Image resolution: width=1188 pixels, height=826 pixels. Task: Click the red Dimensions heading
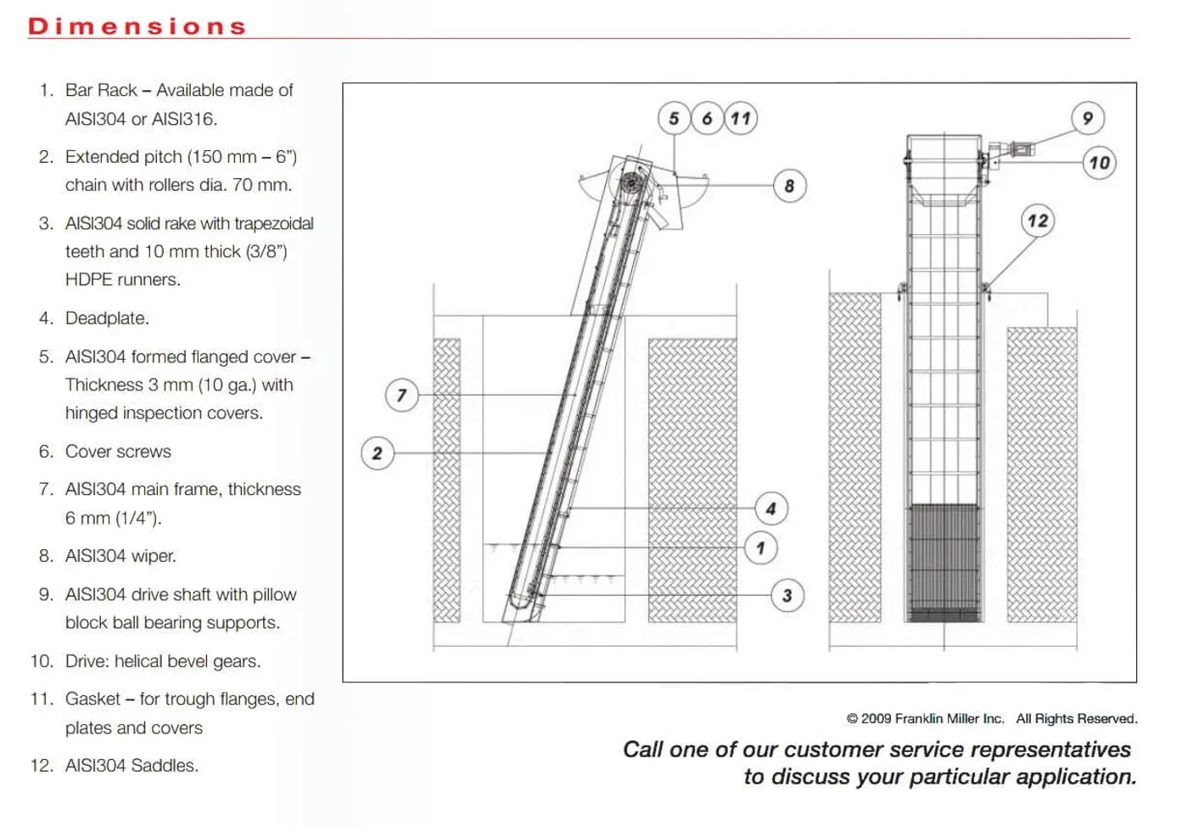click(x=137, y=26)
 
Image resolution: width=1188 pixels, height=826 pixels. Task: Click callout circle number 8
click(x=789, y=186)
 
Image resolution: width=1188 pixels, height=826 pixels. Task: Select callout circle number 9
click(x=1087, y=118)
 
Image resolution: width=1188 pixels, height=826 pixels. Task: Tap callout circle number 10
click(x=1099, y=163)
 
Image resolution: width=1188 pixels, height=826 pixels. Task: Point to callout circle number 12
click(x=1037, y=222)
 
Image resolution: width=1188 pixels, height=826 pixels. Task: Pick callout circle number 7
click(x=401, y=395)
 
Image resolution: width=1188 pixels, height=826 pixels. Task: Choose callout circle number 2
click(x=377, y=453)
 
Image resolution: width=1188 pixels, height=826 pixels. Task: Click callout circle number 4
click(x=771, y=509)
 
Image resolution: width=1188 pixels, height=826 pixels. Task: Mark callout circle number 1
click(x=760, y=548)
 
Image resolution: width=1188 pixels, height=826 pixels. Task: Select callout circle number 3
click(x=787, y=596)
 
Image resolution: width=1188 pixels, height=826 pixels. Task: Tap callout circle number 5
click(x=674, y=118)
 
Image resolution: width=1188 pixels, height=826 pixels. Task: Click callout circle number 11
click(x=740, y=118)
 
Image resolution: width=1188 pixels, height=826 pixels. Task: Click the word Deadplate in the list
click(x=106, y=318)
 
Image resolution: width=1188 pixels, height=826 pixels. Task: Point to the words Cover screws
click(x=118, y=452)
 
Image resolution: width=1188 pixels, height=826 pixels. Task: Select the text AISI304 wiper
click(x=120, y=556)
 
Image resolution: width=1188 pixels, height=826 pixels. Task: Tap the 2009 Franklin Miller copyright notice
click(x=991, y=719)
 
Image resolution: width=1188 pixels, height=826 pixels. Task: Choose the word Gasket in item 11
click(x=92, y=699)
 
